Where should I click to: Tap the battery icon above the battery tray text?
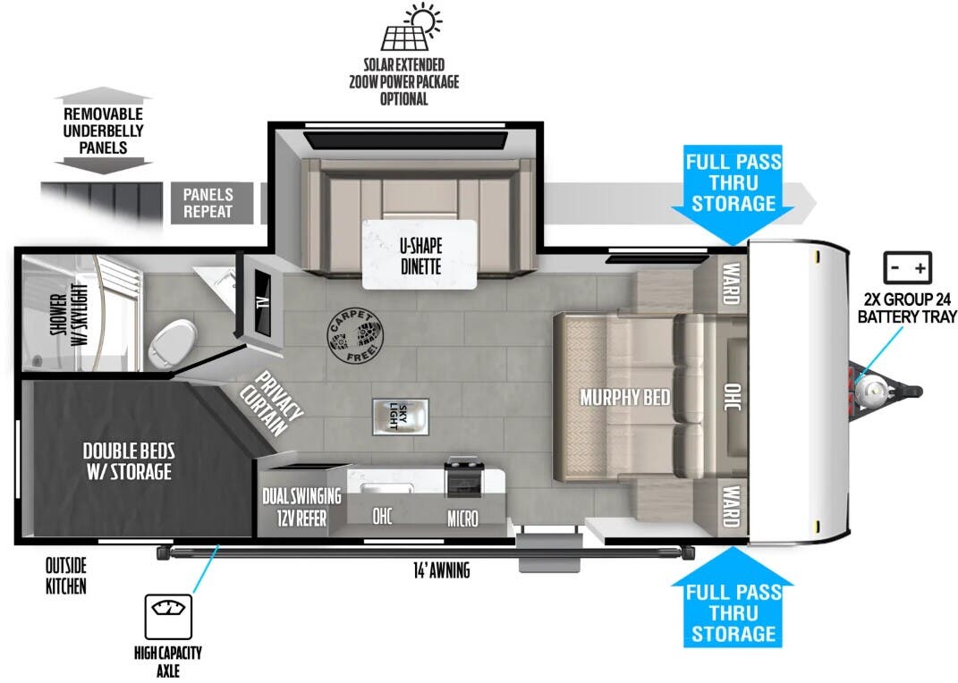click(x=907, y=267)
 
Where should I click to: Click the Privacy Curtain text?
click(x=273, y=404)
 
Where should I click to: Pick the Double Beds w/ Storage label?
click(x=129, y=460)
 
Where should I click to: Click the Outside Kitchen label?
click(x=66, y=576)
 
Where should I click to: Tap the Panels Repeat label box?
click(x=208, y=203)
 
